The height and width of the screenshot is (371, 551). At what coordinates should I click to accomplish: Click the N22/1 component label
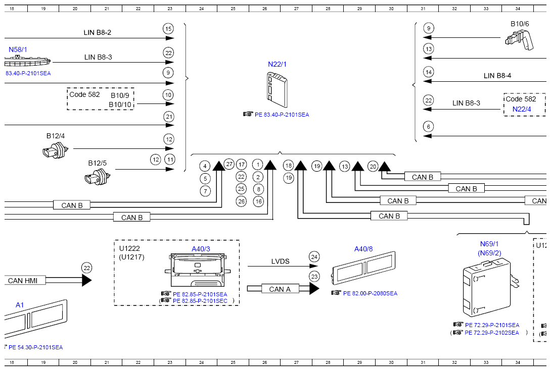pos(277,64)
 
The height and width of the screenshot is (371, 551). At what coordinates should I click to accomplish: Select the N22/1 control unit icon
pos(277,90)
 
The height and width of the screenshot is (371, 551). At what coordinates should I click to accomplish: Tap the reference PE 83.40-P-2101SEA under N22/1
pos(282,115)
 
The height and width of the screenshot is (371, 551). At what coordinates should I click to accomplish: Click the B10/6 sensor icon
pos(519,39)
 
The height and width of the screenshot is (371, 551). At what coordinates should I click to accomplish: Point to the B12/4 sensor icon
pos(55,150)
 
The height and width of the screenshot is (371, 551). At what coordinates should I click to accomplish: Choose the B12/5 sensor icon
pos(98,177)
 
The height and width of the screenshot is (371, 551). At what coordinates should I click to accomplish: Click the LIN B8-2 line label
pos(98,33)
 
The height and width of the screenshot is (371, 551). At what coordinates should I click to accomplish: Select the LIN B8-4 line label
pos(497,76)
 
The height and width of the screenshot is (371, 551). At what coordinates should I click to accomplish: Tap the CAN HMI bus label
pos(23,281)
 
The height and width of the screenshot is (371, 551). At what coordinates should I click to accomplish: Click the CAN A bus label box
pos(280,289)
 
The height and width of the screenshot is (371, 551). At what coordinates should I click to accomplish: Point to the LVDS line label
pos(281,261)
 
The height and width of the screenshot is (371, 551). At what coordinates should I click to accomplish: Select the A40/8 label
pos(363,249)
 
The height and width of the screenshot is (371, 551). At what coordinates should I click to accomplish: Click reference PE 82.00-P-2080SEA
pos(370,293)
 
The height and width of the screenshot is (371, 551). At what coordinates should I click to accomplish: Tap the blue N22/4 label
pos(522,109)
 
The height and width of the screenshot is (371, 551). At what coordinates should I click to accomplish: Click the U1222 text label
pos(130,248)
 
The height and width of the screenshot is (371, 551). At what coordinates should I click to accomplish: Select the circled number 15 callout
pos(168,29)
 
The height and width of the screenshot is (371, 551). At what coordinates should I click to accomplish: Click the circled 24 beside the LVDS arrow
pos(314,257)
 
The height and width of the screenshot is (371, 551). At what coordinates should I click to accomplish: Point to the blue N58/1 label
pos(18,50)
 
